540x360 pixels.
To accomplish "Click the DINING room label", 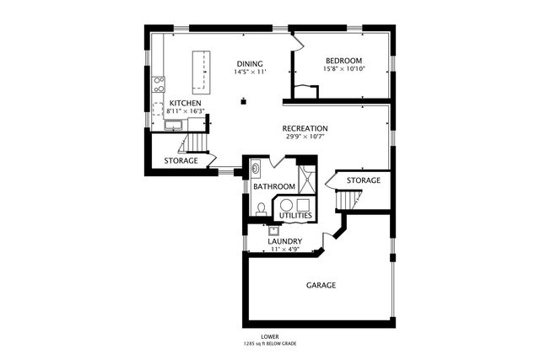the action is tap(250, 64).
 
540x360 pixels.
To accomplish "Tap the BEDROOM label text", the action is tap(344, 61).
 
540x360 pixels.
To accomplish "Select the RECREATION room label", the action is tap(305, 128).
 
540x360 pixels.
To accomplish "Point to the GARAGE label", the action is tap(321, 285).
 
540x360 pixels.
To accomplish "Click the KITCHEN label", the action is tap(186, 103).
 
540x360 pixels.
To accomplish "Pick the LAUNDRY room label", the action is tap(285, 241).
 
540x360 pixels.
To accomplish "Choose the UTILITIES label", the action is tap(295, 216).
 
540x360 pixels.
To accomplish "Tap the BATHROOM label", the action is tap(274, 186).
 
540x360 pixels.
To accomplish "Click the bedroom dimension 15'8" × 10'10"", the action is tap(344, 69).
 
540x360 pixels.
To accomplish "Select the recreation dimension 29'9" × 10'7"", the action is tap(305, 137).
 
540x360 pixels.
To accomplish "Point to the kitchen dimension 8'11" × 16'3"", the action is tap(186, 111).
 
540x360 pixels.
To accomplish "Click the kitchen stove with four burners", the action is tap(159, 84).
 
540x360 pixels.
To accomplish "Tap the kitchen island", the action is tap(201, 73).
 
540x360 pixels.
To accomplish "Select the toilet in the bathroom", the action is tap(261, 209).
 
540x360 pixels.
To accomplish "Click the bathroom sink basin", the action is tap(255, 169).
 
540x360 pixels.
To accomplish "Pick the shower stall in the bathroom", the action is tap(307, 180).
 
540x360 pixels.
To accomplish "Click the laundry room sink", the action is tap(273, 230).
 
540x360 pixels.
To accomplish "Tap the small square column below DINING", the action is tap(244, 101).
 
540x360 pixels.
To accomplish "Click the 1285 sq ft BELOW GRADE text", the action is tap(270, 344).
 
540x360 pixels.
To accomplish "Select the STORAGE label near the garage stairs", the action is tap(364, 180).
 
